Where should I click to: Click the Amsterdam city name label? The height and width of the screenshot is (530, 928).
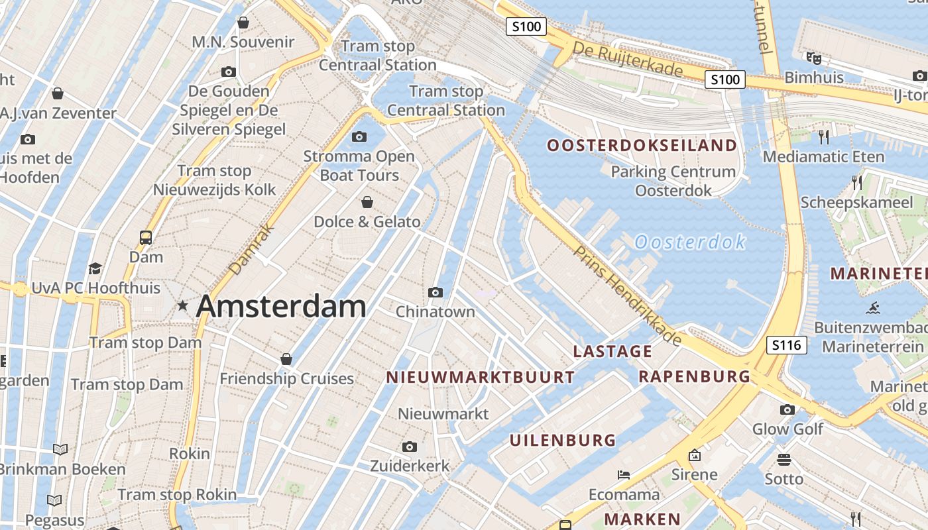[281, 306]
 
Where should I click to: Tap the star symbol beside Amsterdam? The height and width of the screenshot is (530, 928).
[182, 305]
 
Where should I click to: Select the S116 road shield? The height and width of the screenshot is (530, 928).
[787, 344]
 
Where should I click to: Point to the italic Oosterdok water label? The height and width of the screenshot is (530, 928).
[690, 242]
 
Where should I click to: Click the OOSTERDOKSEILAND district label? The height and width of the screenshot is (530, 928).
[642, 145]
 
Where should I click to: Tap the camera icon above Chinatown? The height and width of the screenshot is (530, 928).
[435, 292]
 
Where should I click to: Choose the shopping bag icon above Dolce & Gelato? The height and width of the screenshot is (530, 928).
[367, 201]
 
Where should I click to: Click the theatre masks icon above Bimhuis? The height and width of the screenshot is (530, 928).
[814, 58]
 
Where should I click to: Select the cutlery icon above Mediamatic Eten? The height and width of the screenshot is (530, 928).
[824, 137]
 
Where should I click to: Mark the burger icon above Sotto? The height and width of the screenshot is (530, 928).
[784, 459]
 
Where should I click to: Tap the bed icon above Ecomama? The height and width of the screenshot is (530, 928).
[624, 474]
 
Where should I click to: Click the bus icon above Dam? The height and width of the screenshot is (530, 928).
[146, 237]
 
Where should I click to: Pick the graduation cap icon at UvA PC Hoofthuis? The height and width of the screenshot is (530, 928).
[95, 268]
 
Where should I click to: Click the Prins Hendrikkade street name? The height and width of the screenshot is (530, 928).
[627, 295]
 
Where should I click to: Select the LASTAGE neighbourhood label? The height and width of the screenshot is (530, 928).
[612, 351]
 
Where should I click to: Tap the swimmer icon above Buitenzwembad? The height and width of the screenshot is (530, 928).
[873, 308]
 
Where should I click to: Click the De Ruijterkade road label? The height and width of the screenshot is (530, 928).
[627, 59]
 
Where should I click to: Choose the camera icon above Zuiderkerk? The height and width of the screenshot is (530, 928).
[410, 447]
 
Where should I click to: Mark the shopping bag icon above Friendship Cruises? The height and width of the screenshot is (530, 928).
[286, 359]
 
